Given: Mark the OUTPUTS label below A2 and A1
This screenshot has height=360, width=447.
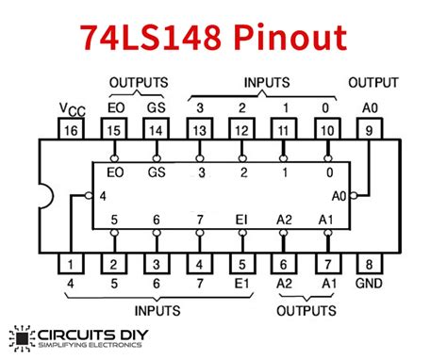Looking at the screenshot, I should [307, 308].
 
